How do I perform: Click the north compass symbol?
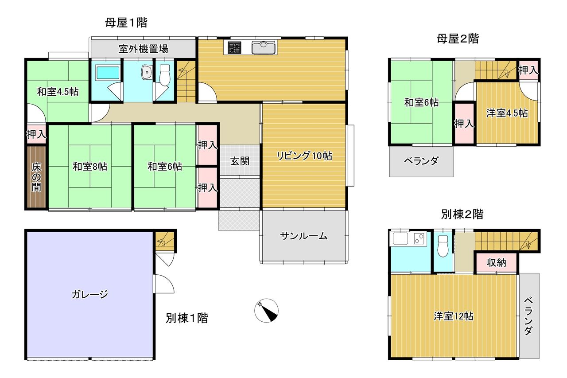(266, 310)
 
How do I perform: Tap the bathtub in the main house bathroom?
(108, 73)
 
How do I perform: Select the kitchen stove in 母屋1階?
(234, 47)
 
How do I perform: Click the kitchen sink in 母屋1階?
(263, 47)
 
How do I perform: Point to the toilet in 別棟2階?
(443, 246)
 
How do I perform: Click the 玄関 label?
(240, 161)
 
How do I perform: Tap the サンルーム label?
(304, 236)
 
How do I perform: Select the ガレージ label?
(90, 294)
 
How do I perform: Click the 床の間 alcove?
(36, 177)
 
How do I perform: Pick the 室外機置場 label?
(143, 49)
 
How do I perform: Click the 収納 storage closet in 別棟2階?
(496, 262)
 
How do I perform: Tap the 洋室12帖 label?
(453, 316)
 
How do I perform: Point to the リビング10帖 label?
(304, 156)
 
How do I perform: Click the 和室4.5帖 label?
(58, 91)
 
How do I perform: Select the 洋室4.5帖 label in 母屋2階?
(507, 113)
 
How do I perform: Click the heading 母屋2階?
(458, 39)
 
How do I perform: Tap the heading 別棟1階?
(187, 318)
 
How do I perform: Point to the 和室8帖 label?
(90, 167)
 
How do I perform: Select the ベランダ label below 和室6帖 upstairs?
(421, 160)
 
